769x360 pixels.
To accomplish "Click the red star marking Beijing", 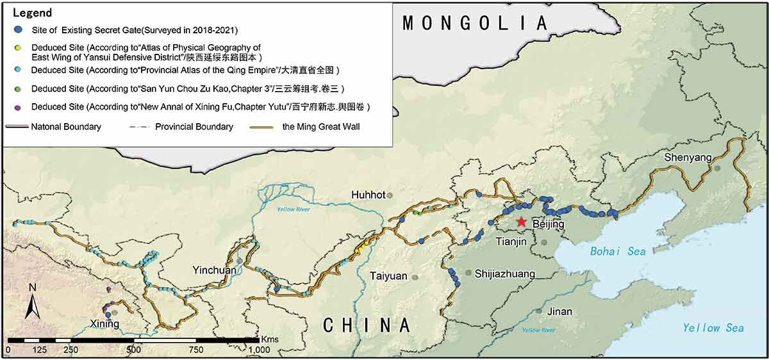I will (521, 222).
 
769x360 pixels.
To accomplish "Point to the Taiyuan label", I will (388, 276).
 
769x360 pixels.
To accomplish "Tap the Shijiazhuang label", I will (504, 274).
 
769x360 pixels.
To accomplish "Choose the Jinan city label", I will (560, 311).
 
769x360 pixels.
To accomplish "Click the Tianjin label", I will (511, 241).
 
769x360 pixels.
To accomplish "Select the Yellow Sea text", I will (713, 328).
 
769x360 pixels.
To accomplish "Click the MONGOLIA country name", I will (475, 24).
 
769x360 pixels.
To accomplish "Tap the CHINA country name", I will (366, 325).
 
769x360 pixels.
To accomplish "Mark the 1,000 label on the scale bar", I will (258, 350).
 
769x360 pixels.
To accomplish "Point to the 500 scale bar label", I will (133, 350).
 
